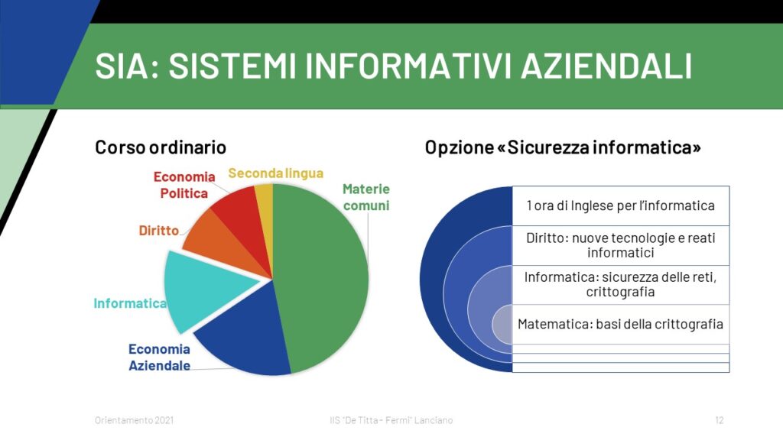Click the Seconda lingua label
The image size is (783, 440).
tap(275, 173)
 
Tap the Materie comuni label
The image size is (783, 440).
tap(366, 197)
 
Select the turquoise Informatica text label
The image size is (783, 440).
tap(130, 303)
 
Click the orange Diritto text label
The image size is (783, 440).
tap(159, 231)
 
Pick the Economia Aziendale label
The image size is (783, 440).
tap(159, 357)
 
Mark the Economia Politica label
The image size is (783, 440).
tap(184, 185)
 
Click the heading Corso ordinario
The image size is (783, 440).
tap(161, 147)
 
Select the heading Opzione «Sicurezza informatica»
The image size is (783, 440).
tap(563, 147)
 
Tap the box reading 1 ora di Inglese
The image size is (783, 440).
tap(621, 205)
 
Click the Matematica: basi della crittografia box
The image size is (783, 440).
tap(621, 324)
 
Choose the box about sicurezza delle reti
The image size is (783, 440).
tap(621, 285)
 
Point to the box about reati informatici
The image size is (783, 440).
tap(621, 245)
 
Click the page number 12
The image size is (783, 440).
tap(719, 420)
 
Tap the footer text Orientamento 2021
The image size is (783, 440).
tap(135, 420)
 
